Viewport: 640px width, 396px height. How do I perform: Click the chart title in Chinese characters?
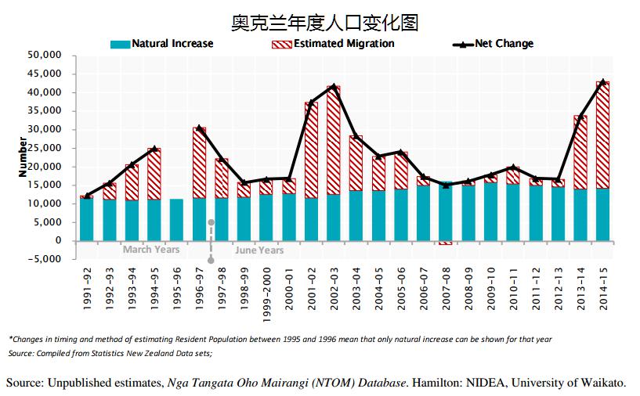click(x=325, y=23)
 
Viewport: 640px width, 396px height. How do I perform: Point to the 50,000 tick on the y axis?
click(x=44, y=56)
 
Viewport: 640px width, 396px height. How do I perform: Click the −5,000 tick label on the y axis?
click(x=44, y=259)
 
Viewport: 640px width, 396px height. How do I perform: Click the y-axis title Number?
click(x=23, y=157)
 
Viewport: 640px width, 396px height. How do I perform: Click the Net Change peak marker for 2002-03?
click(x=334, y=86)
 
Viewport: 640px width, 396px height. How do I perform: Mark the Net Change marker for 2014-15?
click(x=602, y=81)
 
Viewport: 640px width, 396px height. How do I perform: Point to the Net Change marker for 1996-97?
click(x=199, y=128)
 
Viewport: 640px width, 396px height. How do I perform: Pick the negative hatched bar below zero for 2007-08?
click(x=446, y=243)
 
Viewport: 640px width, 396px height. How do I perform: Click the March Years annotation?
click(x=151, y=250)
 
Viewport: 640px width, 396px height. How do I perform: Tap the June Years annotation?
click(x=259, y=250)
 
